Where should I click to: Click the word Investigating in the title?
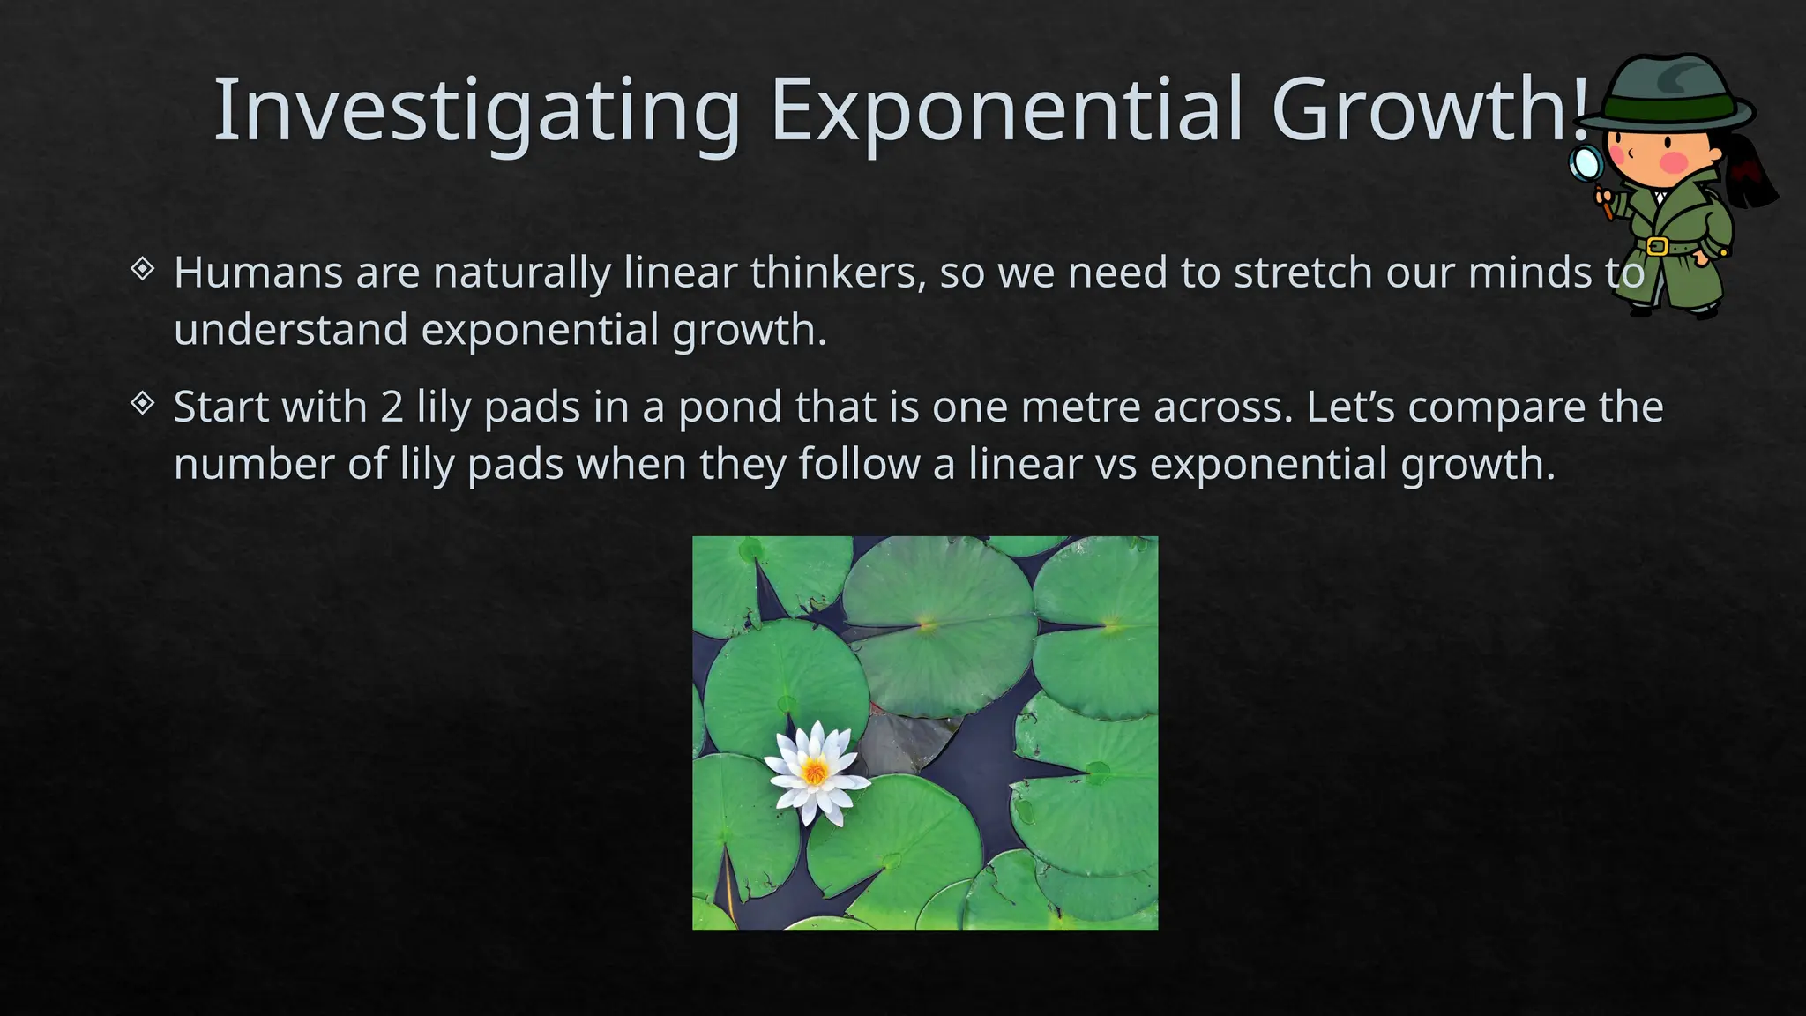(x=477, y=110)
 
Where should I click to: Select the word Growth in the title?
(x=1421, y=110)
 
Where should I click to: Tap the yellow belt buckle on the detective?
(x=1656, y=246)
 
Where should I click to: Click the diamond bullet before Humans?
(x=143, y=268)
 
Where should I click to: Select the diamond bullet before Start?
(x=143, y=403)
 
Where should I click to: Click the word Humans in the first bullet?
(x=257, y=273)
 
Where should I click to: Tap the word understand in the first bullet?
(x=291, y=330)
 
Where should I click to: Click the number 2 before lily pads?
(x=392, y=407)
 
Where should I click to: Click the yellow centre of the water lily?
(x=815, y=773)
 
